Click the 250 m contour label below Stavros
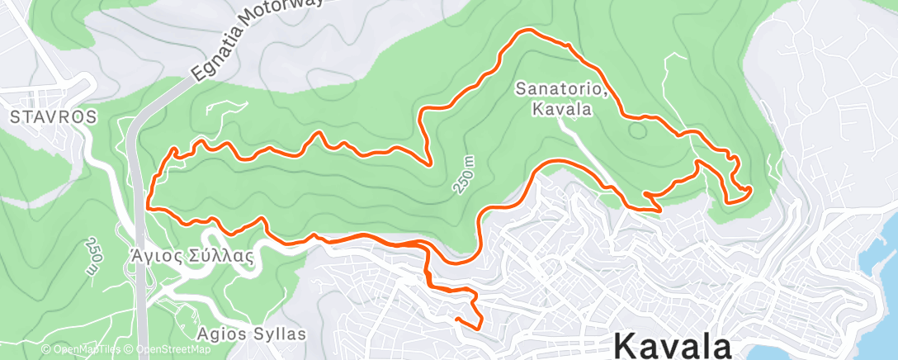click(x=92, y=257)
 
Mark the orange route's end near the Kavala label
click(x=456, y=317)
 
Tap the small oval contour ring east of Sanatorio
click(x=636, y=129)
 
